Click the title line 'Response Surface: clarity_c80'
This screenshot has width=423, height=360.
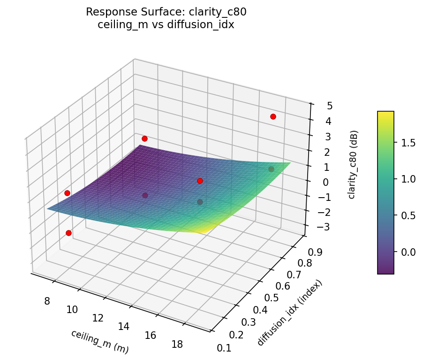[x=166, y=12]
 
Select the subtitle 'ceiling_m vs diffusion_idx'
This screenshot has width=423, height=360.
[x=166, y=25]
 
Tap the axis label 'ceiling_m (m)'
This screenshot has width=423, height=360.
[x=99, y=341]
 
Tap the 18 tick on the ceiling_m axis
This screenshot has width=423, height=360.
[x=177, y=345]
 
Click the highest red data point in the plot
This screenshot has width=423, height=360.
[x=273, y=116]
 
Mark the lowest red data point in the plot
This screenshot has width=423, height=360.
[x=68, y=233]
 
